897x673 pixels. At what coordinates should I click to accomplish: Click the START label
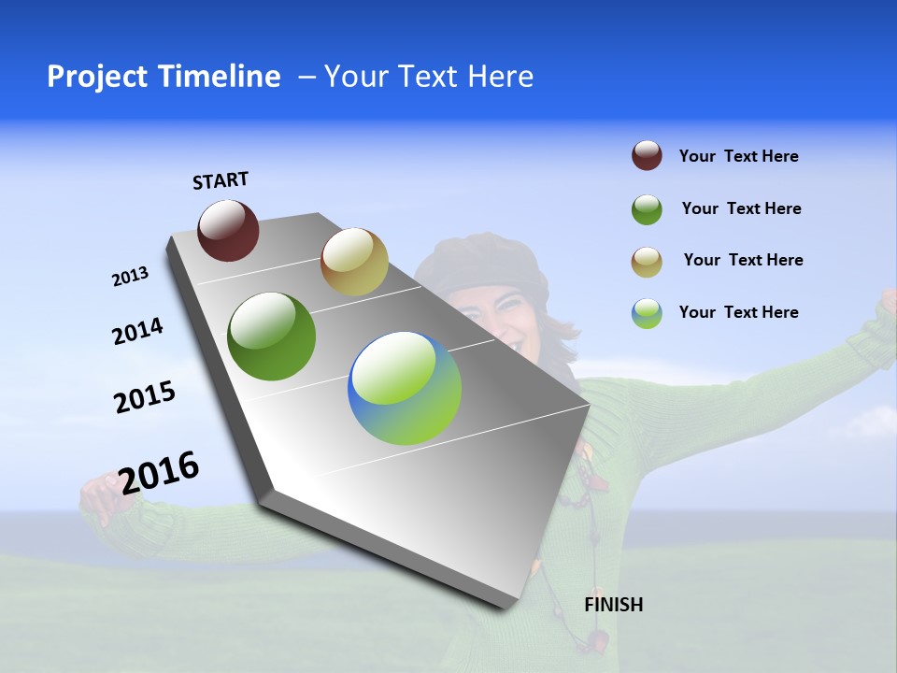coord(221,180)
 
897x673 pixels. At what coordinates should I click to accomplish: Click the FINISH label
coord(613,605)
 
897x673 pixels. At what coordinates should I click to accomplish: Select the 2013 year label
coord(130,277)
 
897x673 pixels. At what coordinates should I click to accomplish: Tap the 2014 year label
coord(137,332)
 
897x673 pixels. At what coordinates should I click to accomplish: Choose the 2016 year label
coord(159,472)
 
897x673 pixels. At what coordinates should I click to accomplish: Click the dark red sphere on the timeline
coord(228,231)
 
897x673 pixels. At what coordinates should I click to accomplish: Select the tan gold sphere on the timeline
coord(354,262)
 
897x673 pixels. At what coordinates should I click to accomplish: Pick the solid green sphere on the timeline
coord(272,336)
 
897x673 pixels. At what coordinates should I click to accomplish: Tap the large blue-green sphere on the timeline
coord(405,388)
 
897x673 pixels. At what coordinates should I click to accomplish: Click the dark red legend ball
coord(647,156)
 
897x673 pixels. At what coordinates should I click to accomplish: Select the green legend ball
coord(647,209)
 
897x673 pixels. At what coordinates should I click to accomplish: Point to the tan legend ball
coord(647,262)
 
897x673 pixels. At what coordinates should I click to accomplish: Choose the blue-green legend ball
coord(647,313)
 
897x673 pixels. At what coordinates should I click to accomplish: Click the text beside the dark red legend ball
coord(738,156)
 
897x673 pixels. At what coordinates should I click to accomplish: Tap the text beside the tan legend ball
coord(743,260)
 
